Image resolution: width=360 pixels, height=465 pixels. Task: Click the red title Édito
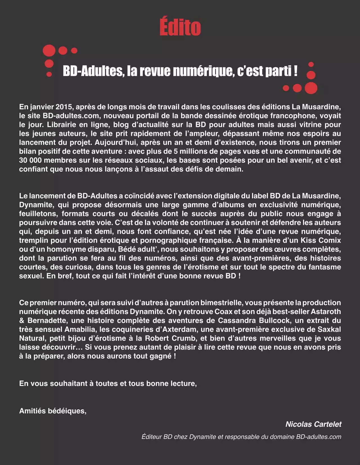click(x=180, y=27)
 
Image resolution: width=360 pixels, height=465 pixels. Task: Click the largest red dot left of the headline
click(x=49, y=51)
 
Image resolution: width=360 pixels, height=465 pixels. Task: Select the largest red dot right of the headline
click(x=311, y=88)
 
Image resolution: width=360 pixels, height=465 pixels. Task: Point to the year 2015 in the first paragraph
click(x=64, y=107)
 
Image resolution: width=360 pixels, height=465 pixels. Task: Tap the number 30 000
click(x=30, y=160)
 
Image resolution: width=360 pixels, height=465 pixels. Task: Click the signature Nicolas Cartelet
click(x=313, y=424)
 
